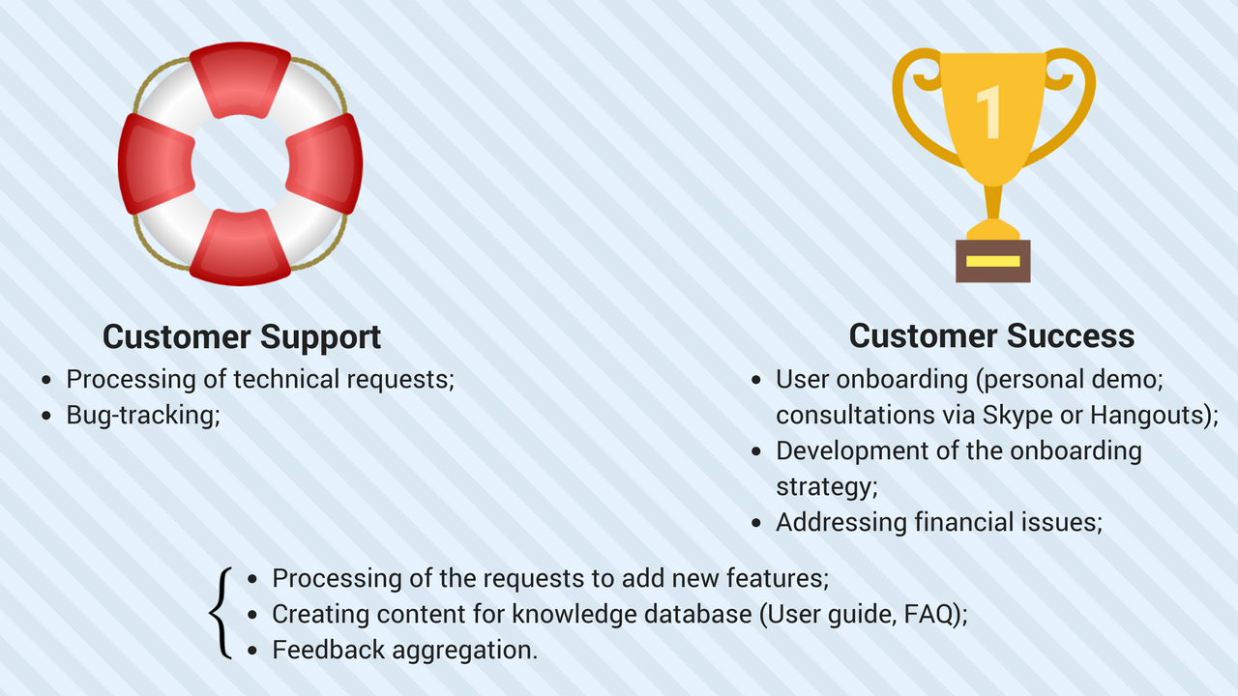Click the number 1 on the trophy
989,111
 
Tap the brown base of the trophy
993,261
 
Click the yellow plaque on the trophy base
993,261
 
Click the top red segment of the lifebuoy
240,80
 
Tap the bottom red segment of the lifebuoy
240,247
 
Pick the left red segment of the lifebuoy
157,164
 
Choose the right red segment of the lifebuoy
324,164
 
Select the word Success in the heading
1071,335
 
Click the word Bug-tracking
143,416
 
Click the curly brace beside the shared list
221,613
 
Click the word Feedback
328,650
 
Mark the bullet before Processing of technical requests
46,380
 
